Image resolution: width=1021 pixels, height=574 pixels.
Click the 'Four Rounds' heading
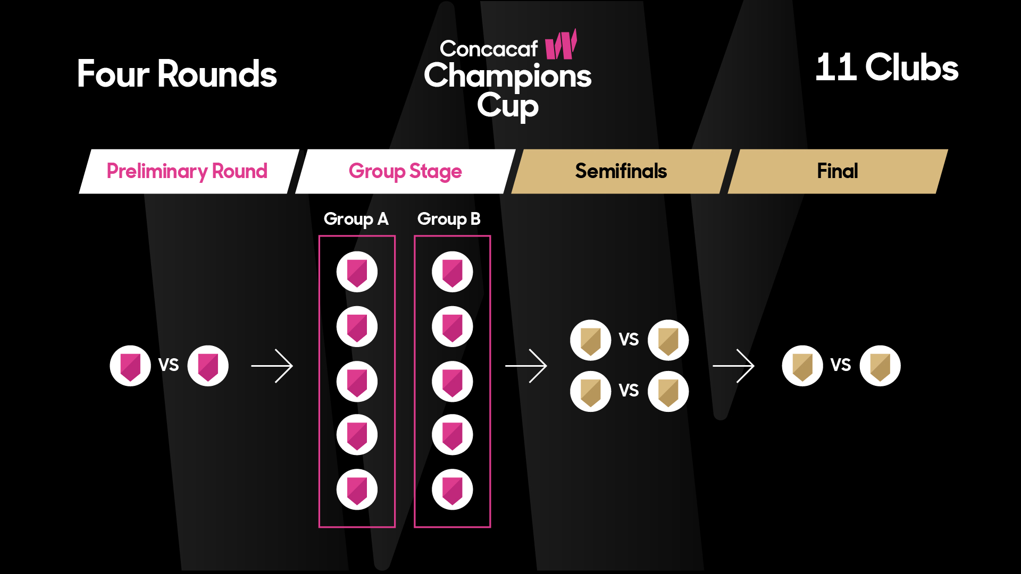click(177, 74)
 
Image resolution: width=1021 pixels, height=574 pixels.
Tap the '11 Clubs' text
click(886, 67)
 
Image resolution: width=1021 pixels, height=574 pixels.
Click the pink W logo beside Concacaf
click(562, 45)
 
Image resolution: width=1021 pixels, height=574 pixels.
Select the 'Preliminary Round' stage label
click(187, 171)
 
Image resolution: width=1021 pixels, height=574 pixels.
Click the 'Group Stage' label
click(405, 171)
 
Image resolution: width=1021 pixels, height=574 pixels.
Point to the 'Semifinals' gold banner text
click(621, 171)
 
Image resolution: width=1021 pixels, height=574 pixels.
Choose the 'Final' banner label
click(837, 171)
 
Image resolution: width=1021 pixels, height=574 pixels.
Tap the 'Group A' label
click(356, 219)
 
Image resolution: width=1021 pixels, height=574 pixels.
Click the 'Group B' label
click(449, 219)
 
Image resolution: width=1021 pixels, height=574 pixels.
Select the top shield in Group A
click(357, 272)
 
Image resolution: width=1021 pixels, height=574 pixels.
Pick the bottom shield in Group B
click(452, 489)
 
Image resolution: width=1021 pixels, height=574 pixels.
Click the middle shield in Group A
click(357, 382)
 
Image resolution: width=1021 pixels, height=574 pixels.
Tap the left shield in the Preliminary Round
click(130, 366)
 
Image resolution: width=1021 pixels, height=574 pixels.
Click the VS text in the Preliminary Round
click(169, 365)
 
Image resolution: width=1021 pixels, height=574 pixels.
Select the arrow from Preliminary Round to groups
click(272, 366)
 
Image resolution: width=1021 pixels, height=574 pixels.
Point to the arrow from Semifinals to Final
click(733, 366)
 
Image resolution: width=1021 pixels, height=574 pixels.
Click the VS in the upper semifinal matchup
click(629, 340)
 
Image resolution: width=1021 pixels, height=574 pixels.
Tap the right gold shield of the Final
click(880, 366)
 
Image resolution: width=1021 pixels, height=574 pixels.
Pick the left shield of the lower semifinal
click(590, 392)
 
